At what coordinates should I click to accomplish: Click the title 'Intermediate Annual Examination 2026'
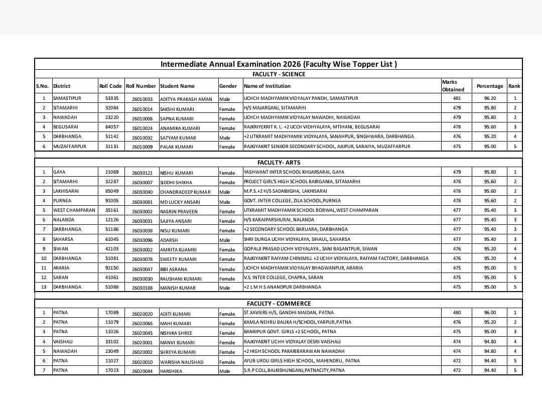click(279, 64)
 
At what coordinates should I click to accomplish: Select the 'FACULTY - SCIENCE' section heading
click(279, 74)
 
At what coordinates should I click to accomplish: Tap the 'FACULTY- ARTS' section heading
click(279, 163)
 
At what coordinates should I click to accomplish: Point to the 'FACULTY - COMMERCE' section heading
click(279, 304)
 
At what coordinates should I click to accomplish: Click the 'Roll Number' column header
click(141, 86)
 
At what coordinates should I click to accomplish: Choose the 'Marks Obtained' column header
click(453, 86)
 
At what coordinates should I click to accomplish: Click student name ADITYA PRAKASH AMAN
click(186, 99)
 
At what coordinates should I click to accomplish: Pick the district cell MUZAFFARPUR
click(70, 147)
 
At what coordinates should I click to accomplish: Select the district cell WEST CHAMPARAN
click(74, 210)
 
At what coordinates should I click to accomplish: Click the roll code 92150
click(112, 268)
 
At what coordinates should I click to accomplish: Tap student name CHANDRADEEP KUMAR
click(185, 192)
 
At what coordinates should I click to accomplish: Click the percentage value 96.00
click(490, 313)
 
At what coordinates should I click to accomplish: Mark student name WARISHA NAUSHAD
click(182, 362)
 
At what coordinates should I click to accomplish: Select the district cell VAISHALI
click(63, 342)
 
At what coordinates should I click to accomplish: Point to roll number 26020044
click(142, 371)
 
